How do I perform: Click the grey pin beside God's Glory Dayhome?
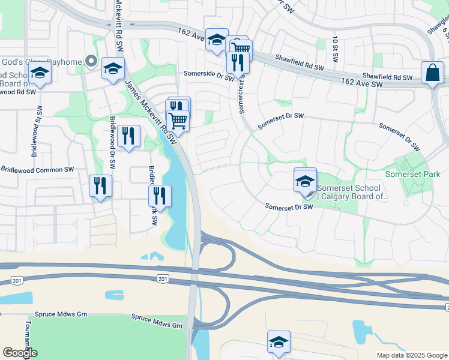(91, 60)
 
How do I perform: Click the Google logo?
(20, 353)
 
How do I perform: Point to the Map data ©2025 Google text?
(411, 355)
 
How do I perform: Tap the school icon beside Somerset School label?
(305, 181)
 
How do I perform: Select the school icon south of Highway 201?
(279, 342)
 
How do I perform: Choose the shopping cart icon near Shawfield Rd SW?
(241, 50)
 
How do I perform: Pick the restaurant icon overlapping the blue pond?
(160, 196)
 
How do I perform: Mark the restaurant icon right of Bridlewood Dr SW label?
(128, 136)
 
